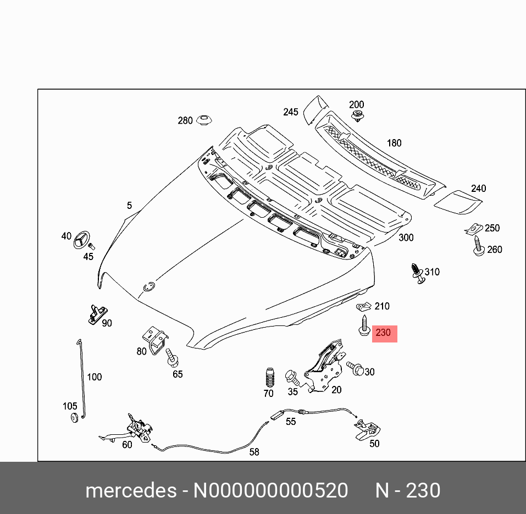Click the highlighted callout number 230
(x=384, y=333)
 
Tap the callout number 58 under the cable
(x=254, y=452)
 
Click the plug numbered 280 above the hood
(x=205, y=120)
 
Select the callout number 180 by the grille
(x=394, y=143)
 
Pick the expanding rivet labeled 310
(x=419, y=274)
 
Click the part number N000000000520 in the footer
(x=270, y=490)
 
